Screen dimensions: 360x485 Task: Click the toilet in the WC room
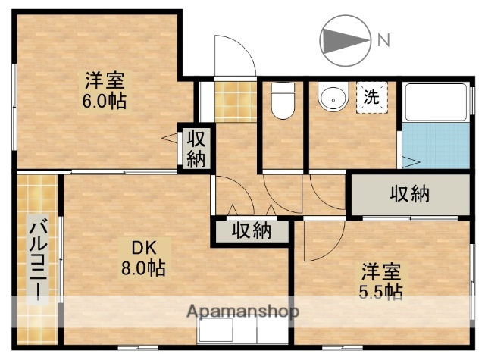click(x=282, y=102)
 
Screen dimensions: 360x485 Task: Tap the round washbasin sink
click(x=330, y=98)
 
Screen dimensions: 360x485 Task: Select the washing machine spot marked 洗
click(x=372, y=97)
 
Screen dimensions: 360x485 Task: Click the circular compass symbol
click(x=345, y=39)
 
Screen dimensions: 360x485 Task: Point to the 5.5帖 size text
click(x=381, y=291)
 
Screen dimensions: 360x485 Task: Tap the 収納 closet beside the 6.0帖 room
click(x=196, y=149)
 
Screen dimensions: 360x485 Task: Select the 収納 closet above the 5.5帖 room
click(x=409, y=195)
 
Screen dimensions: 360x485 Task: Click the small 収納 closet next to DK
click(x=251, y=230)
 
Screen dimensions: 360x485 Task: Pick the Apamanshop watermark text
click(x=242, y=311)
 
